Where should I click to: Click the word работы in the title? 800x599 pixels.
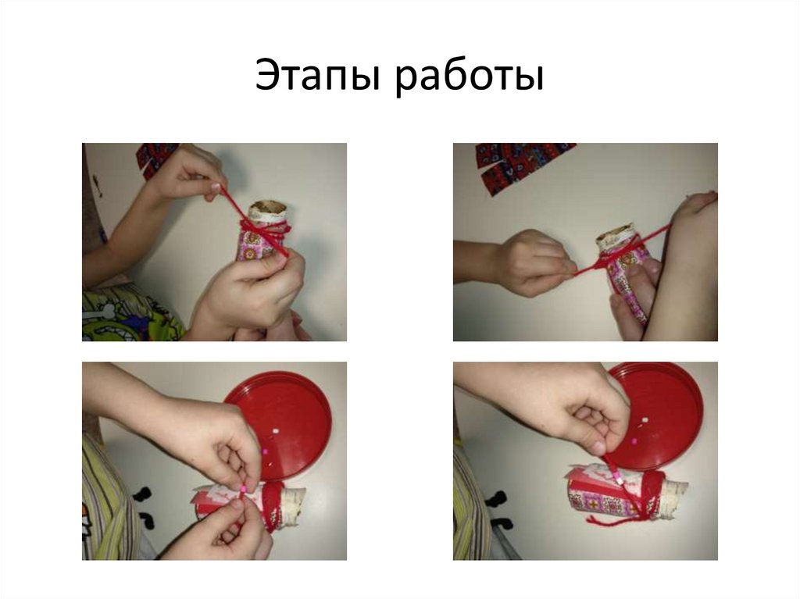tap(470, 77)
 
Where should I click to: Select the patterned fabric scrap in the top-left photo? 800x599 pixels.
tap(153, 159)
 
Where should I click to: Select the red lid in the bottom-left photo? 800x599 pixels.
tap(277, 423)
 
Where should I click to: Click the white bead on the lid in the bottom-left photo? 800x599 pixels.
tap(276, 432)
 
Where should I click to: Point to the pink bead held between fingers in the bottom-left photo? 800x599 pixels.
tap(244, 490)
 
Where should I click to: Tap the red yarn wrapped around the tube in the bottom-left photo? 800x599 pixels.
tap(271, 505)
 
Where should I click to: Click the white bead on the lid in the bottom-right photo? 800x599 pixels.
tap(645, 422)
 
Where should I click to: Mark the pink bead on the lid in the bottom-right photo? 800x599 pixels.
tap(634, 440)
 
